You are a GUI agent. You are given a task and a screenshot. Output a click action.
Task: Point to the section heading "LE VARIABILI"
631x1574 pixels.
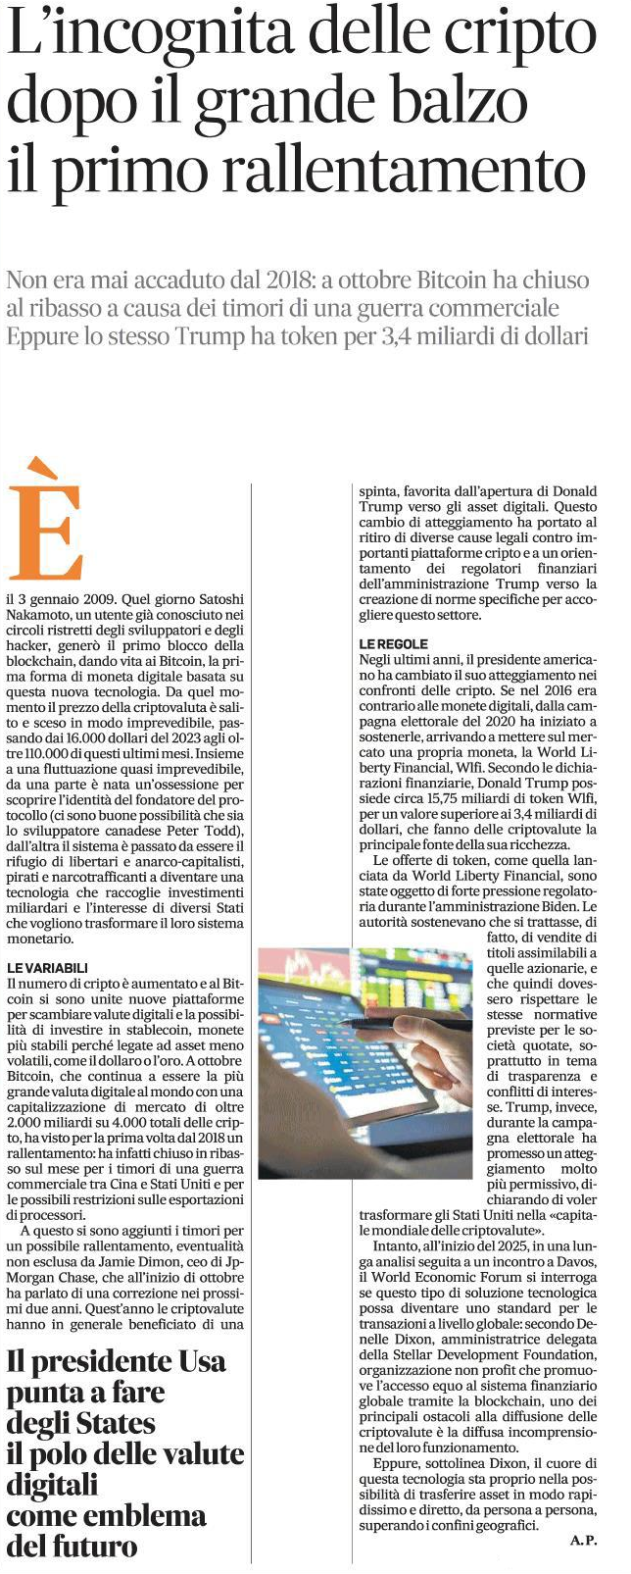point(46,966)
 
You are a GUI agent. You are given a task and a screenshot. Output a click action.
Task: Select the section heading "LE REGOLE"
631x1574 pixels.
point(394,643)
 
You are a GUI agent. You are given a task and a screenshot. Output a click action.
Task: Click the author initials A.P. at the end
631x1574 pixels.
point(583,1541)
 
